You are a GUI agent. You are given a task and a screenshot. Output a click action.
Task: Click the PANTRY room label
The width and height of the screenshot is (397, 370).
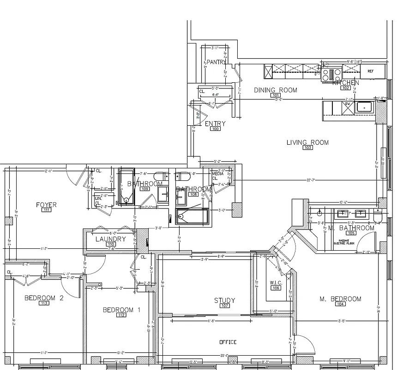coord(216,62)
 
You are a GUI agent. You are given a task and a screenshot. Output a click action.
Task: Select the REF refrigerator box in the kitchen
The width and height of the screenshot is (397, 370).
coord(371,71)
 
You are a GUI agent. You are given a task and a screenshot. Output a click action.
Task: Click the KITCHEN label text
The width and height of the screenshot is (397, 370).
coord(346,82)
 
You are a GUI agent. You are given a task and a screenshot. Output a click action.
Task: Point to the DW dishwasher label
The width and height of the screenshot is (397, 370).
coord(346,104)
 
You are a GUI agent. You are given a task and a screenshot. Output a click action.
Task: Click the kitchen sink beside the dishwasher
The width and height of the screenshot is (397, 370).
coord(364,107)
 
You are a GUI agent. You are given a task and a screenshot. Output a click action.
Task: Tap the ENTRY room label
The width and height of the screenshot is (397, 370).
coord(215,123)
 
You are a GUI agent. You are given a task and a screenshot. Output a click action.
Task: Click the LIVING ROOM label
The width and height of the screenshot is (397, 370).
coord(307,142)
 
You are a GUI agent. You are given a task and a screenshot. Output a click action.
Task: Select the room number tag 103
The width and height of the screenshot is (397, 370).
coord(307,148)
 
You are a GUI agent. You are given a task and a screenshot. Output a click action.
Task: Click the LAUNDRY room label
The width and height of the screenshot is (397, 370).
coord(110,239)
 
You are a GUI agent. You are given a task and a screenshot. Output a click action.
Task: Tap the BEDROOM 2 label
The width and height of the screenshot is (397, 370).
coord(43,298)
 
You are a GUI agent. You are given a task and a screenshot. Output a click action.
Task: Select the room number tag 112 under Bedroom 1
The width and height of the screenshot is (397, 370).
coord(121,315)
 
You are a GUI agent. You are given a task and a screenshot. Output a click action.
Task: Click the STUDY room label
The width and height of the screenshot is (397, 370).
coord(224,301)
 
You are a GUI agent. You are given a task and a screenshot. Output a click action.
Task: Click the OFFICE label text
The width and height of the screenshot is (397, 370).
coord(228,342)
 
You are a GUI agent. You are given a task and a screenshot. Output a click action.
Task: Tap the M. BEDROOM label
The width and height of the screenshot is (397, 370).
coord(340,299)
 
